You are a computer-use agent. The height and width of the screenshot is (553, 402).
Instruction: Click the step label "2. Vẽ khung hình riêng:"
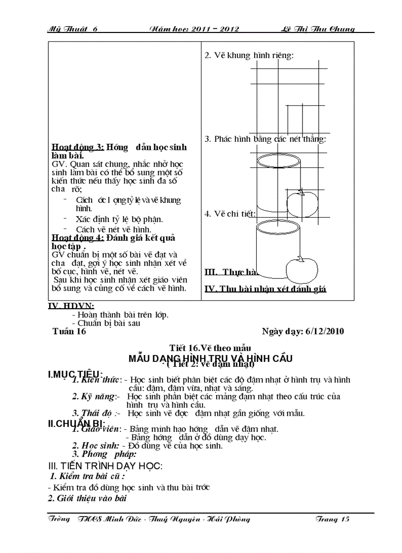249,55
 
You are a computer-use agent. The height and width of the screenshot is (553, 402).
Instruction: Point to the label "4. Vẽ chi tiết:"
230,214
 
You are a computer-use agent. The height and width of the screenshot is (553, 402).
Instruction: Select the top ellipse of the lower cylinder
277,227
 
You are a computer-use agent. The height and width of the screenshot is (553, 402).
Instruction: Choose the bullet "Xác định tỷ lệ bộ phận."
120,219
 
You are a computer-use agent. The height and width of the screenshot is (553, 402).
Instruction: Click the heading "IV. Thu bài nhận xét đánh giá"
266,289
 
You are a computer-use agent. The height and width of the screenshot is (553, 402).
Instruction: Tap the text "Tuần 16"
69,331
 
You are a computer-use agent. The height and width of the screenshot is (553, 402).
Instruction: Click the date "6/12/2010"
325,331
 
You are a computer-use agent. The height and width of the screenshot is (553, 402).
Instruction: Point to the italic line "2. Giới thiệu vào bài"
88,498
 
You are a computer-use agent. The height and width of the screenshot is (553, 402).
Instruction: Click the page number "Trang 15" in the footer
333,519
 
